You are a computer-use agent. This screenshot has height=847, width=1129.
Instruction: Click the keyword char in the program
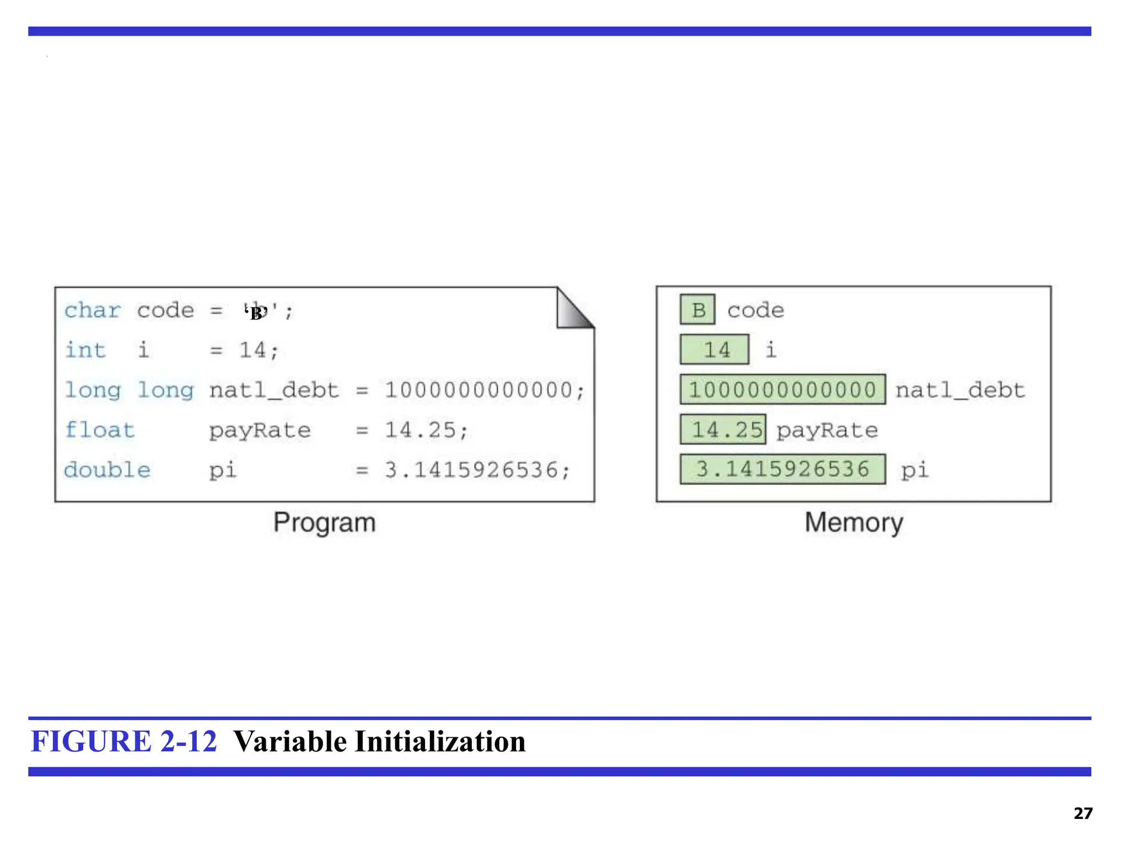92,310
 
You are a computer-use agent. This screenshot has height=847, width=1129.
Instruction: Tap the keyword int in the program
85,350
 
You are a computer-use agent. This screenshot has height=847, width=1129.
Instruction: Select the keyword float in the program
100,430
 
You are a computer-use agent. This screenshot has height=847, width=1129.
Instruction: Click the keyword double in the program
107,470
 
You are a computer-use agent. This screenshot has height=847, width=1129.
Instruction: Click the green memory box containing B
697,309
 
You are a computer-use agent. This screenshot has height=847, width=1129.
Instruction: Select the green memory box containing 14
714,350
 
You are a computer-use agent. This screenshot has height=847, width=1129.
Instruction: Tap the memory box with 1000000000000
782,390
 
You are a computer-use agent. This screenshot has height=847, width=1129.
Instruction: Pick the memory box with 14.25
723,430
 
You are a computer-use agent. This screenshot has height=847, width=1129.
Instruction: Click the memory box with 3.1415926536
782,469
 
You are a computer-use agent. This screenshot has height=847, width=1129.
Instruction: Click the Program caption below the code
325,522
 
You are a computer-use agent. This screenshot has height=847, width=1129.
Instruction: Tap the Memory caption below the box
853,522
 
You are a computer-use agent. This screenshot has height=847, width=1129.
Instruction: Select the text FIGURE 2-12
124,741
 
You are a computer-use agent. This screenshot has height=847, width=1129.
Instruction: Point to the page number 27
1083,813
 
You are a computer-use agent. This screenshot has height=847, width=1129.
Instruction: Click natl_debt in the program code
274,390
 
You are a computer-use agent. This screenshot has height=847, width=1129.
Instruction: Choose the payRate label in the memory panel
827,430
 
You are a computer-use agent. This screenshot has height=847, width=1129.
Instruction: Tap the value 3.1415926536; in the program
477,470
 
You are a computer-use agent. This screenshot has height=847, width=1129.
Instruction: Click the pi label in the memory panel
915,470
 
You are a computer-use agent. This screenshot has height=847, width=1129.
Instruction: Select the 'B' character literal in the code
256,312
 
